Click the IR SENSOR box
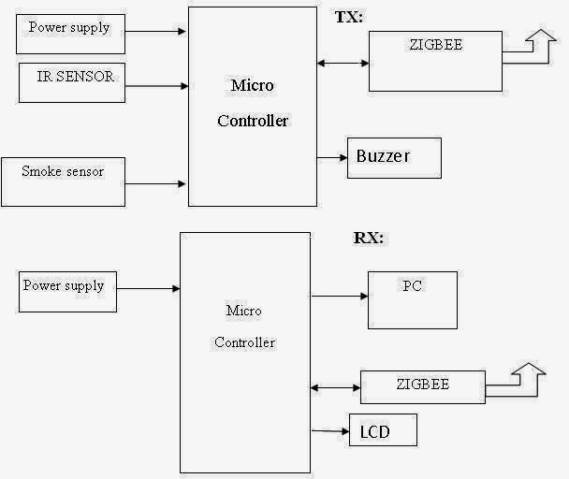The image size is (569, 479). tap(72, 83)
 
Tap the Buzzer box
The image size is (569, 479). tap(394, 157)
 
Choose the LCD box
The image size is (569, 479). tap(383, 430)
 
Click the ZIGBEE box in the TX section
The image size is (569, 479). tap(435, 61)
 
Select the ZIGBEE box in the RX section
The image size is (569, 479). tap(423, 386)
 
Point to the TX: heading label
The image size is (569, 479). tap(349, 17)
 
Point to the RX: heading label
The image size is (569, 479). tap(369, 238)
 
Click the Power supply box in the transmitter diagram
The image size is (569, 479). tap(70, 33)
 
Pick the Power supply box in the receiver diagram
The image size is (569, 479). tap(68, 291)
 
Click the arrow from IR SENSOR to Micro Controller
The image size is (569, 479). tap(155, 86)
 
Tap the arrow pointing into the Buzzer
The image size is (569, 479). tap(332, 158)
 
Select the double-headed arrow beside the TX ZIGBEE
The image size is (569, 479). tap(343, 64)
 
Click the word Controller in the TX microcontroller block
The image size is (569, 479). tap(253, 121)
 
